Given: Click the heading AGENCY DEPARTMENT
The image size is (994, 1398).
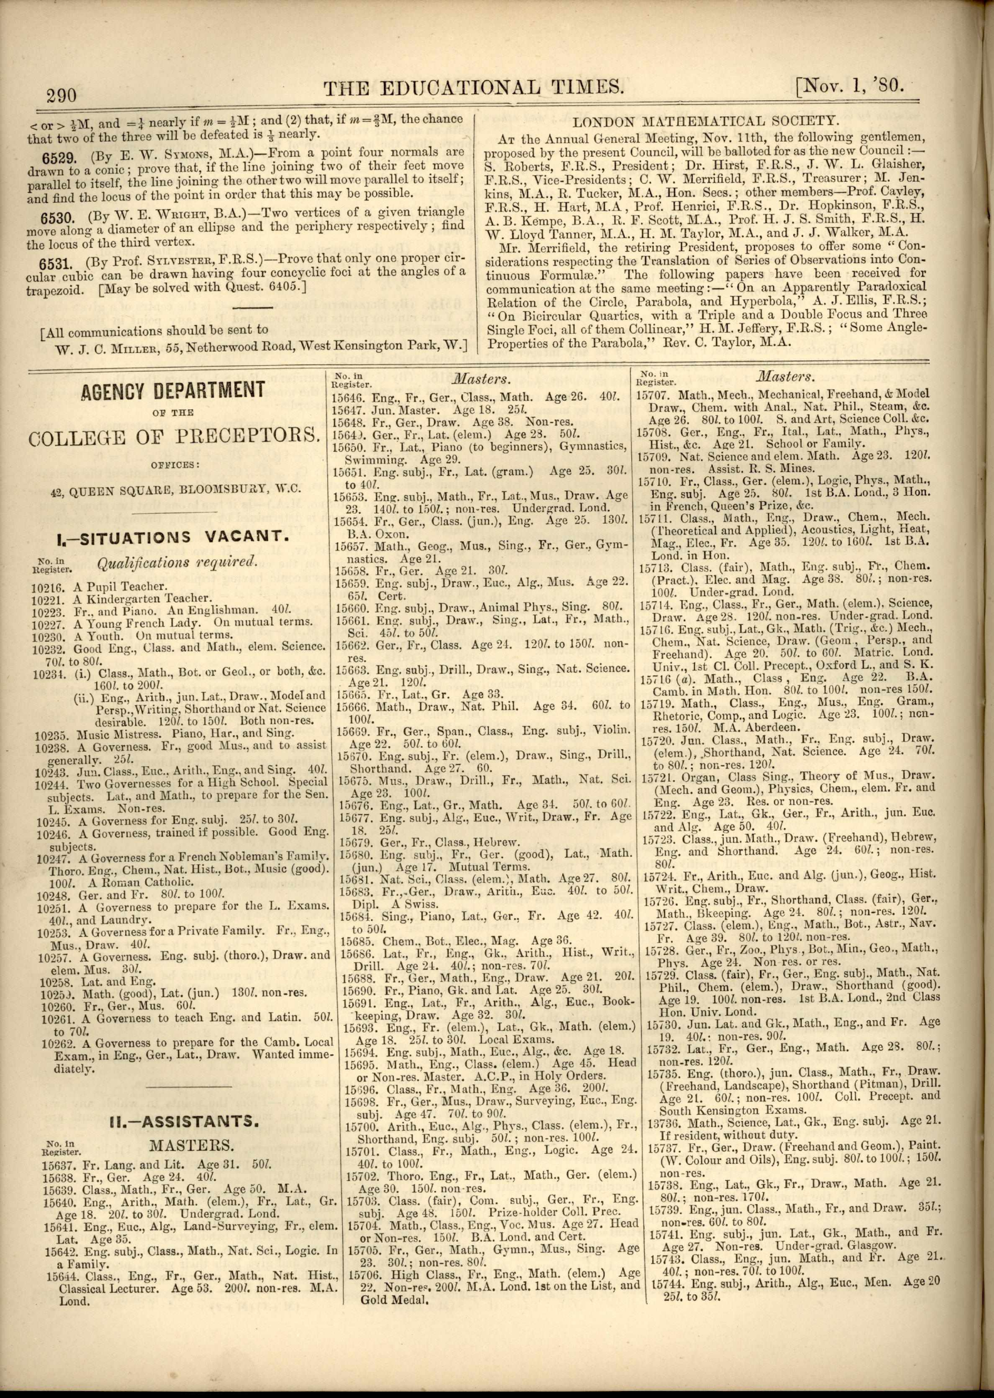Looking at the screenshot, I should pos(173,390).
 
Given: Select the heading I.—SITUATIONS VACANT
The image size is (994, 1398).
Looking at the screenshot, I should pos(171,536).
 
